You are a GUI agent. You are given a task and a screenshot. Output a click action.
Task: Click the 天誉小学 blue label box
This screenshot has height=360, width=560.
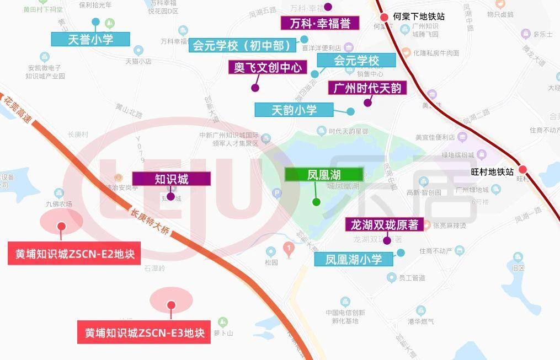point(90,39)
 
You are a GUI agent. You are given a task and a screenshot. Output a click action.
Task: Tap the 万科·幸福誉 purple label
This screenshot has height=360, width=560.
point(320,23)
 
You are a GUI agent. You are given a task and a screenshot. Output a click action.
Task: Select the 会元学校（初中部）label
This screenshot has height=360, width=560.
point(243,45)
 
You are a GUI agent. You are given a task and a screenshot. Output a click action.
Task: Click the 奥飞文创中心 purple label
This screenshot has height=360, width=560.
point(268,67)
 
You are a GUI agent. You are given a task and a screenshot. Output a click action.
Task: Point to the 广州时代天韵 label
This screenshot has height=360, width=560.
point(367,88)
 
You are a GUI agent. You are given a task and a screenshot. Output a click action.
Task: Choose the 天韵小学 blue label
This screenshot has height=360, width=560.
point(294,110)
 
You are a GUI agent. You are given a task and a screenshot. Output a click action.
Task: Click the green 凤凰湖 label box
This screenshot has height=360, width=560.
point(324,175)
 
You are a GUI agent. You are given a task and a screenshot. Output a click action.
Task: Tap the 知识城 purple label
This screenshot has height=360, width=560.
point(171,179)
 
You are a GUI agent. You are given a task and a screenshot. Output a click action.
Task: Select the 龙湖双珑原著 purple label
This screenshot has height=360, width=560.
point(384,224)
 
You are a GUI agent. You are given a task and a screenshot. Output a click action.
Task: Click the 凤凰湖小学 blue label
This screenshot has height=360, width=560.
point(354,259)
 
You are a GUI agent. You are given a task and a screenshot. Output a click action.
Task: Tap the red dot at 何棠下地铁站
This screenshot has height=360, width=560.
point(385,18)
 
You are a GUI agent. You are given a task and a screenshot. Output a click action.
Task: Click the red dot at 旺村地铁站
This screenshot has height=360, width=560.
point(522,170)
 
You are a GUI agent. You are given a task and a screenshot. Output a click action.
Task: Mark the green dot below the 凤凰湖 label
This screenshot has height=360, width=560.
point(316,202)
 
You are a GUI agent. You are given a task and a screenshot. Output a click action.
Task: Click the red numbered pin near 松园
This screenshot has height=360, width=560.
point(287,249)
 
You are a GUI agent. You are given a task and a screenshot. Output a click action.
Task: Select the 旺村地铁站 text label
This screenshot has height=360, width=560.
point(492,171)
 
